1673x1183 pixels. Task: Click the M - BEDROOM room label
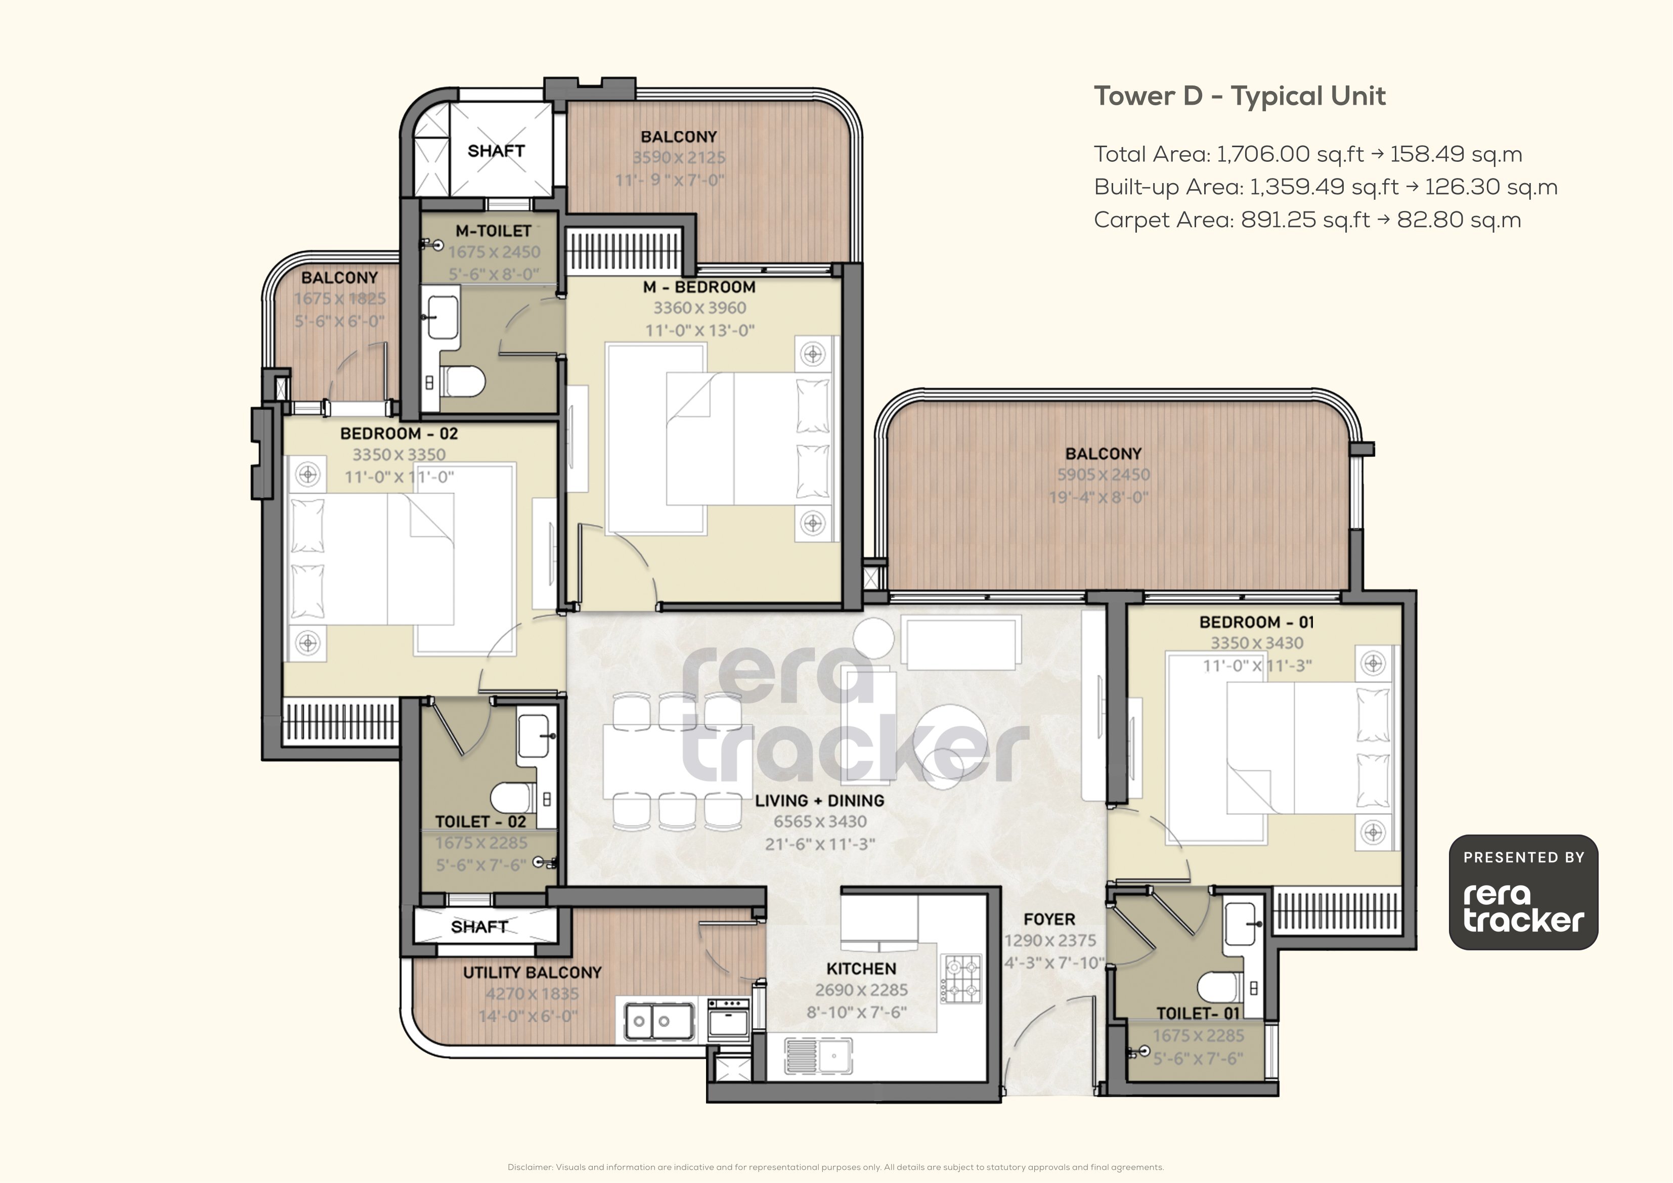699,287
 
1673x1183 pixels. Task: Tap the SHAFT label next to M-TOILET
496,151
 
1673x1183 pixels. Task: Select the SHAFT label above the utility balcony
479,927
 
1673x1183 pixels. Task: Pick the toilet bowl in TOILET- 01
1219,988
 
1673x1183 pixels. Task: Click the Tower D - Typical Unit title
1240,96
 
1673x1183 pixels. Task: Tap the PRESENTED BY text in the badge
1524,858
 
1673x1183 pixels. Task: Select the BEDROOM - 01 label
1256,623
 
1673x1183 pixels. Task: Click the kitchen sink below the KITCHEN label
818,1056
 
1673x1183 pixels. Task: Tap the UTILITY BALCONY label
532,973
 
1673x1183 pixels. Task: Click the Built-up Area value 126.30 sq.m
1491,187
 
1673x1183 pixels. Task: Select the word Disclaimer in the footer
530,1167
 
